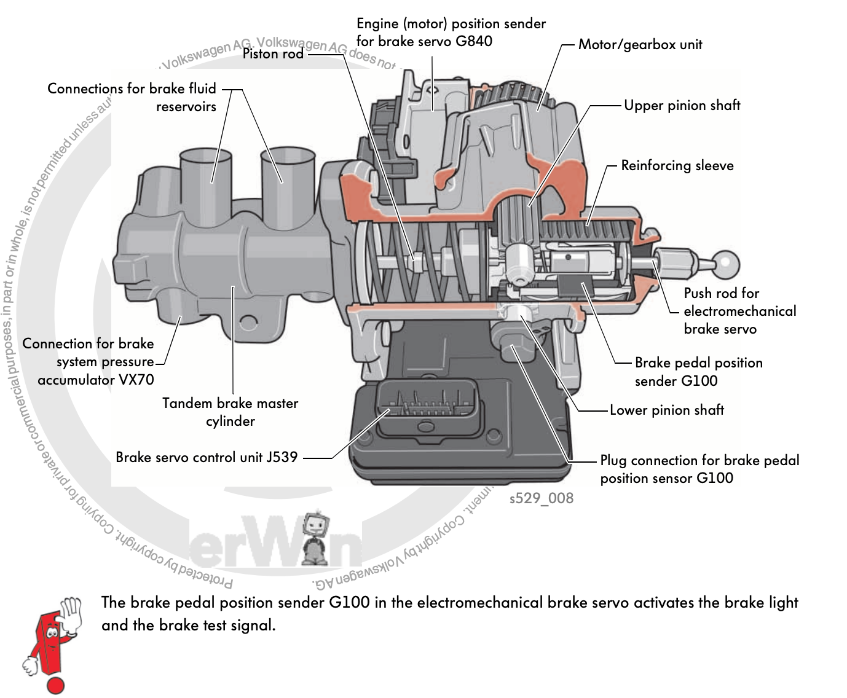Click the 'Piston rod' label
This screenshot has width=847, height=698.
(273, 53)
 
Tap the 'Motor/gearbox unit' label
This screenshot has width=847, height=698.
(640, 44)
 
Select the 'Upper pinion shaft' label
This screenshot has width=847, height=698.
(682, 105)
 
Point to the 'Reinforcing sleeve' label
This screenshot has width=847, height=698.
(677, 165)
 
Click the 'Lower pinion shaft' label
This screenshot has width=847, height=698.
(666, 410)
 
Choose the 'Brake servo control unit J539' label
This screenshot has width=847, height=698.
(207, 457)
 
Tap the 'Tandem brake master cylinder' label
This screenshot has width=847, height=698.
(230, 412)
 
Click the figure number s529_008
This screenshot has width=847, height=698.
(541, 498)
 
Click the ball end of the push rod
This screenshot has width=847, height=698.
(727, 264)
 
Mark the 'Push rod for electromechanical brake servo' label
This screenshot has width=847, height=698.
(739, 311)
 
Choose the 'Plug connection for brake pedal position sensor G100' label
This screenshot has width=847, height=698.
(699, 469)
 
